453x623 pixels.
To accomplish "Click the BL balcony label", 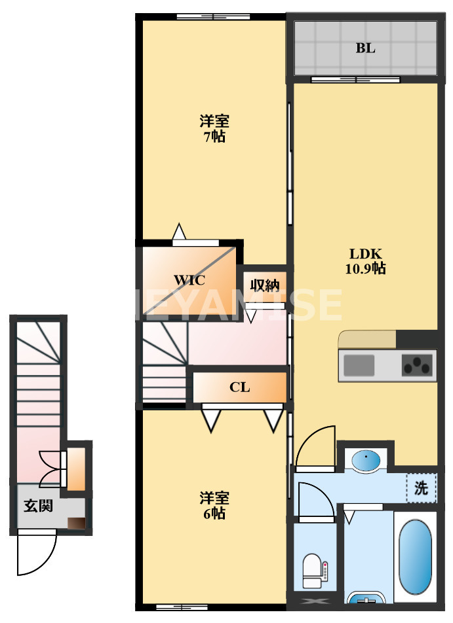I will [x=365, y=48].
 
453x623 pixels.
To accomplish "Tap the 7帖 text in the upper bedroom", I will [x=214, y=137].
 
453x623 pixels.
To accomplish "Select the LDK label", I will [x=365, y=254].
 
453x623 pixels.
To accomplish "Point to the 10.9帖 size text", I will [x=365, y=268].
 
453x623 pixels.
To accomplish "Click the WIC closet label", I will [x=189, y=280].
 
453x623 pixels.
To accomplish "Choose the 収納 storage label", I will [x=265, y=285].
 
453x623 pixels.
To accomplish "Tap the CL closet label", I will [x=239, y=387].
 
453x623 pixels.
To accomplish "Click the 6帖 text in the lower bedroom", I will [x=214, y=514].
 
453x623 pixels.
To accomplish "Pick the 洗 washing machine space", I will [x=421, y=488].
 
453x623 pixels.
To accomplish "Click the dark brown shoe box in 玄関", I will [x=77, y=523].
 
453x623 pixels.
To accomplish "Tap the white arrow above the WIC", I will [x=178, y=232].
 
